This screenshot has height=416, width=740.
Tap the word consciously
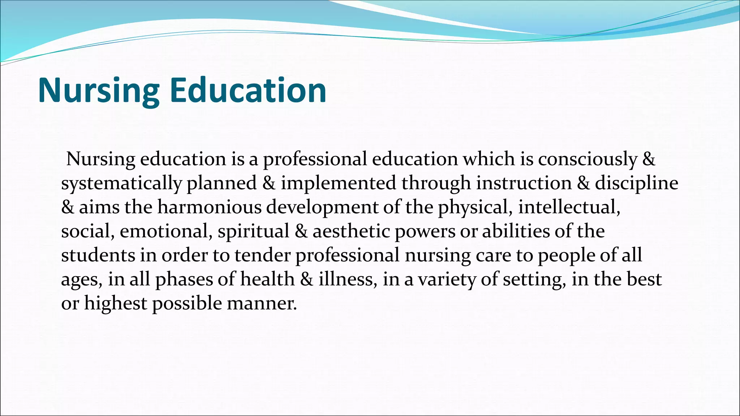click(x=587, y=159)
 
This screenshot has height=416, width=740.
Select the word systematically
click(x=121, y=183)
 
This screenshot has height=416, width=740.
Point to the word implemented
click(x=339, y=183)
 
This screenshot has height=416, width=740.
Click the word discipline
click(x=636, y=183)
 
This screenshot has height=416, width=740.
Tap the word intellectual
click(x=569, y=207)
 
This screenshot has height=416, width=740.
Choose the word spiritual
click(x=253, y=231)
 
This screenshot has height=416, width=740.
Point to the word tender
click(x=262, y=255)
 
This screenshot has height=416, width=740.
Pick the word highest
click(x=115, y=303)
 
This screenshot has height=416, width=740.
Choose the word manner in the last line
click(x=261, y=303)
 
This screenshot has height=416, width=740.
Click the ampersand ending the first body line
click(x=649, y=159)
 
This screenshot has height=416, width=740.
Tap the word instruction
click(x=524, y=183)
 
